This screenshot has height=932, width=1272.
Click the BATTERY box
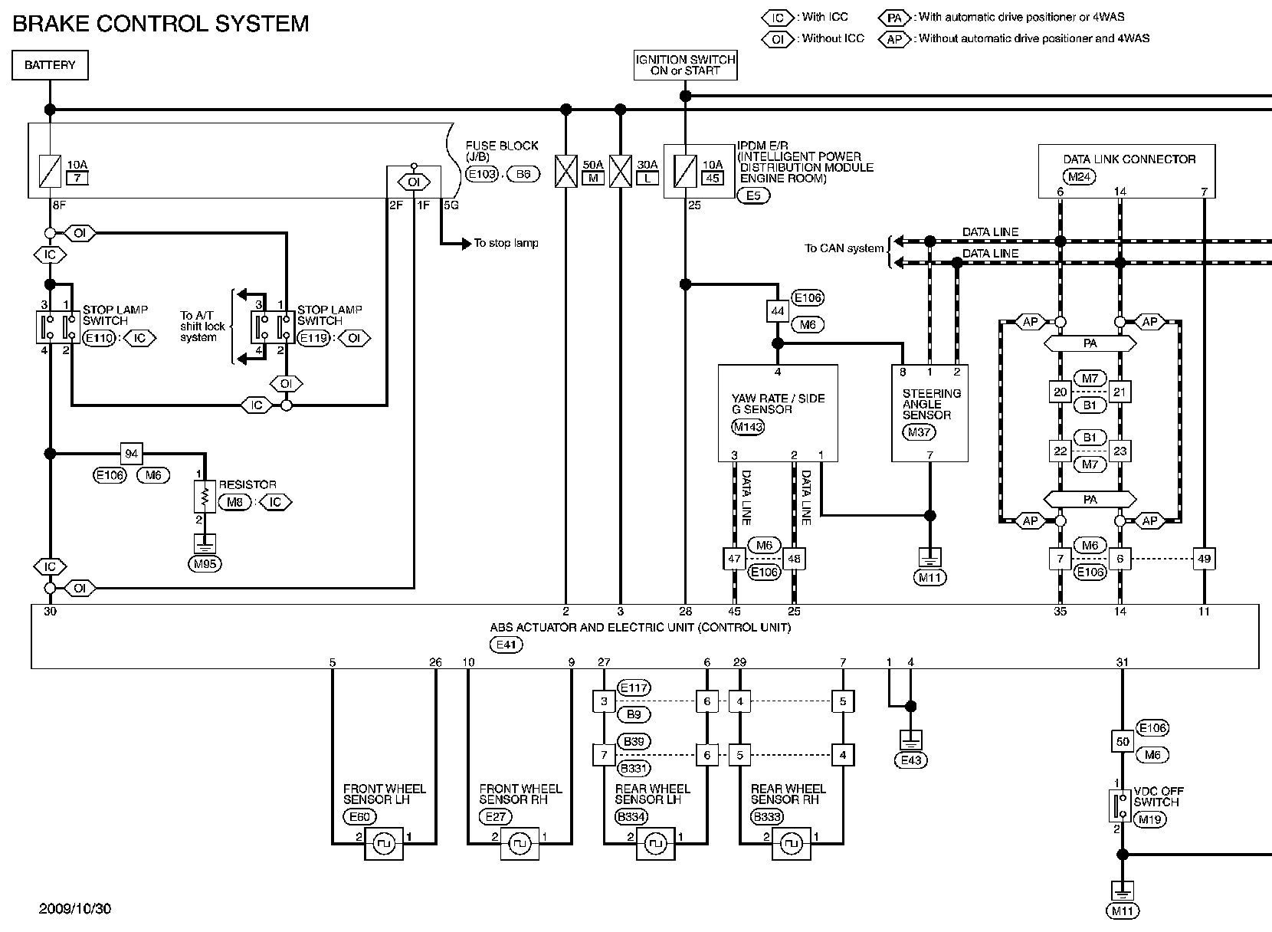point(50,65)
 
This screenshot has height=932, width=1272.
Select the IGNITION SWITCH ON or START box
point(686,65)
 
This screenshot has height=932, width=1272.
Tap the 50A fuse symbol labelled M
point(566,172)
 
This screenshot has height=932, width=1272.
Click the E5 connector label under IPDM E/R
point(753,195)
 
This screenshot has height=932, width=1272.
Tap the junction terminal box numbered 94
point(131,454)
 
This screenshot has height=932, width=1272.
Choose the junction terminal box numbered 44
point(778,311)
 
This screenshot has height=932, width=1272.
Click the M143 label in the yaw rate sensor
point(748,427)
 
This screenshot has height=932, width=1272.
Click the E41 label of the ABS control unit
point(508,645)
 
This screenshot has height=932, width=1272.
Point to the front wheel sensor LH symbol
point(384,844)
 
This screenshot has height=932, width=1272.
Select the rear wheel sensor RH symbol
point(792,844)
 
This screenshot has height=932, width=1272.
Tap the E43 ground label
point(910,760)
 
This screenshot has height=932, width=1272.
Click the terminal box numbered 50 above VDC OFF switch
point(1122,742)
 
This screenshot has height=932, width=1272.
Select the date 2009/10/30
point(75,909)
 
